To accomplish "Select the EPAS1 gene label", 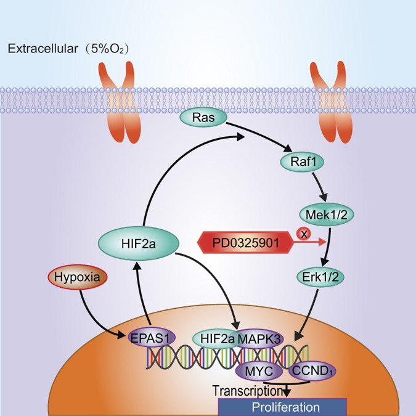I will [150, 337].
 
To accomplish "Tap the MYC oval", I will [258, 371].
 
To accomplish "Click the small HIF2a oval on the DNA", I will [214, 338].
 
